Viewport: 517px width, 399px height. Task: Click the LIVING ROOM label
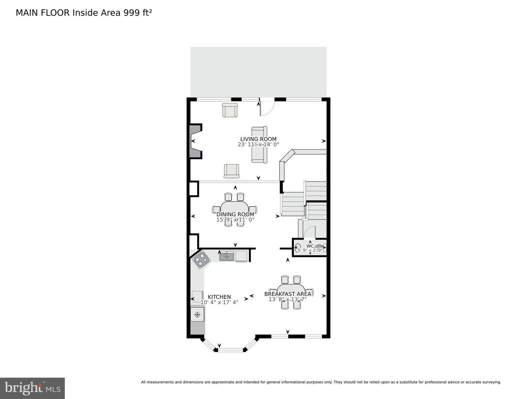point(258,139)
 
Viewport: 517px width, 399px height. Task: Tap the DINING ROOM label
point(235,215)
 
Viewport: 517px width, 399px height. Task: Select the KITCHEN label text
point(219,297)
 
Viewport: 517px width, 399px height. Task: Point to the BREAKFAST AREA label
point(288,294)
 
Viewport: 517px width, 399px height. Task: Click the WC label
point(310,246)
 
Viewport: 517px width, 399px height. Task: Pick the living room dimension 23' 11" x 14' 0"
point(258,145)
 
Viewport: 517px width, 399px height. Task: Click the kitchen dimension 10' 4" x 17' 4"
point(219,302)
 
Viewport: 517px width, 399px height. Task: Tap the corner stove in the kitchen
point(201,259)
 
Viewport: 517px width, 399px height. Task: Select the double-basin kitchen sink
point(227,256)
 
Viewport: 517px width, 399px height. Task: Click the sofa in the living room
point(259,145)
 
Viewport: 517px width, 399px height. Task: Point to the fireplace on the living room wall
point(195,141)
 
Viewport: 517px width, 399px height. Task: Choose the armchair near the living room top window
point(230,110)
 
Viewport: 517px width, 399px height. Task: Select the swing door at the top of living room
point(267,107)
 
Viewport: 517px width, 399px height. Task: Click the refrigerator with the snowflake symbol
point(197,315)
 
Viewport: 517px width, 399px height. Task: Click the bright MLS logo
point(32,388)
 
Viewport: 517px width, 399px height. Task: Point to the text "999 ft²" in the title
point(138,13)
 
